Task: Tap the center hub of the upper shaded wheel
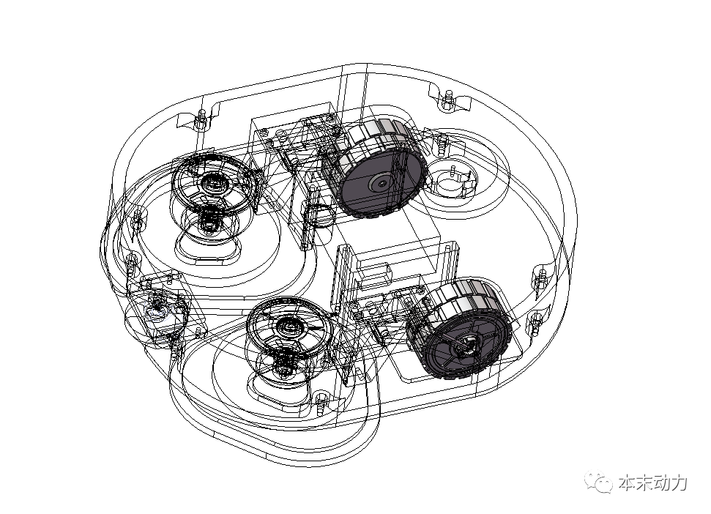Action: tap(381, 182)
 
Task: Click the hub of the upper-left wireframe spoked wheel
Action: tap(210, 182)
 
